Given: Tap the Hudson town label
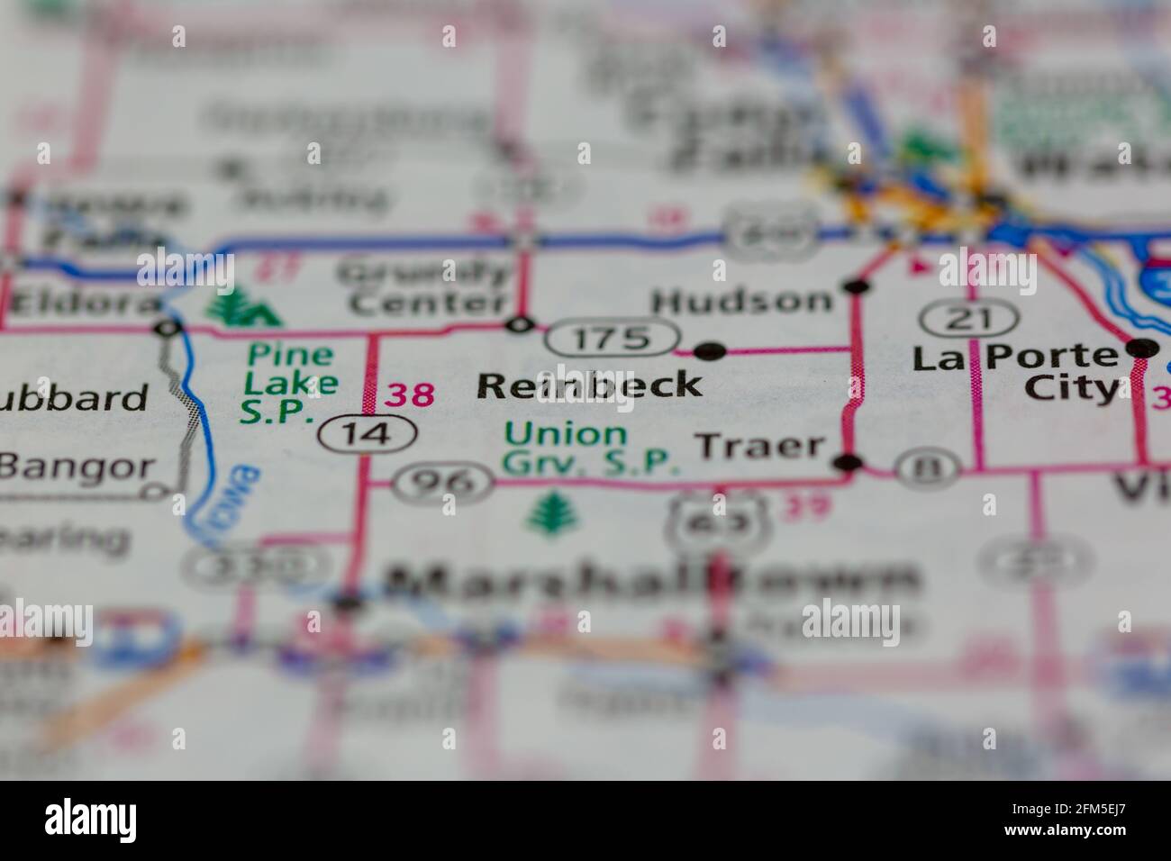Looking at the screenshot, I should tap(742, 301).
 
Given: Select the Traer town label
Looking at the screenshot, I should tap(761, 445).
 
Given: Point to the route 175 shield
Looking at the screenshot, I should tap(612, 338).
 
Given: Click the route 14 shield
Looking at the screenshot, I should tap(367, 434).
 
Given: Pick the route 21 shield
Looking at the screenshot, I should tap(968, 318).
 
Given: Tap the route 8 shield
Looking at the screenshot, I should tap(927, 466).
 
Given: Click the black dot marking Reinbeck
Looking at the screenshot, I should tap(711, 349).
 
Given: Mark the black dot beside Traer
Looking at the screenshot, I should tap(847, 464).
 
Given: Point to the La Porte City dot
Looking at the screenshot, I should tap(1141, 349).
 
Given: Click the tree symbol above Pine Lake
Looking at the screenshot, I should tap(242, 309).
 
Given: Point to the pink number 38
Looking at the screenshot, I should tap(411, 394).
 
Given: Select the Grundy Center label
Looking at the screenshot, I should tap(428, 287).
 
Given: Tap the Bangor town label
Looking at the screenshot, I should tap(76, 467).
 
